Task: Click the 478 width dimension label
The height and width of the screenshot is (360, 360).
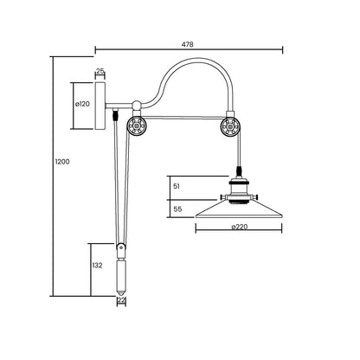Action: tap(188, 44)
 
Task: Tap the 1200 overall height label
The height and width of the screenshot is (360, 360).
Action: tap(62, 162)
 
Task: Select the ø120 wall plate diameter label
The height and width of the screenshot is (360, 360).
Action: tap(82, 104)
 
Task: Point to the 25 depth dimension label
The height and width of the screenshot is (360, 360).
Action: tap(100, 71)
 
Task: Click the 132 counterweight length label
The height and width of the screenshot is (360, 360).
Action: tap(97, 266)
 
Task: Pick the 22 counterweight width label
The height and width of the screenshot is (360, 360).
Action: tap(121, 300)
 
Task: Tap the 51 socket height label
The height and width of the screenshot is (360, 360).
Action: tap(177, 186)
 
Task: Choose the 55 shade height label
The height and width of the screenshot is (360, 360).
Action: tap(177, 209)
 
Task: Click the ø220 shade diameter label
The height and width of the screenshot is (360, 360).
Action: tap(240, 227)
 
